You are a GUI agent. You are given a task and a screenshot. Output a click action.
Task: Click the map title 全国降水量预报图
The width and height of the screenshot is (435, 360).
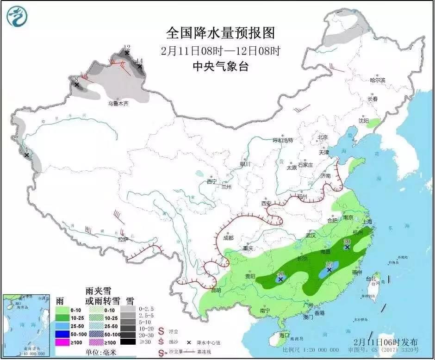click(x=220, y=33)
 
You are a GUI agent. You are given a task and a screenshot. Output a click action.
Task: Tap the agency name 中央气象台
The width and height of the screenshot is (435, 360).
click(x=220, y=67)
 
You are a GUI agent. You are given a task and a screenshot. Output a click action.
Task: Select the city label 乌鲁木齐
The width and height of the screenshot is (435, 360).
click(x=118, y=104)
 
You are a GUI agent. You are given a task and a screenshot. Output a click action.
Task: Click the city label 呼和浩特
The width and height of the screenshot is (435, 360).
click(x=283, y=140)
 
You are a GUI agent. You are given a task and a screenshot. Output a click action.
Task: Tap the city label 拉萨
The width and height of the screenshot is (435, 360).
click(x=123, y=239)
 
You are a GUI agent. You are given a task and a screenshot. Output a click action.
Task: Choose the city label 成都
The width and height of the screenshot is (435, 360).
click(x=228, y=238)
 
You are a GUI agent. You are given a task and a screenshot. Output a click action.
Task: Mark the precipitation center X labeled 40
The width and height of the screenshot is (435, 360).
click(x=280, y=279)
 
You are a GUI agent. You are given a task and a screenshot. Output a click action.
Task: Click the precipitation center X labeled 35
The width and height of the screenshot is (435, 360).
click(x=329, y=269)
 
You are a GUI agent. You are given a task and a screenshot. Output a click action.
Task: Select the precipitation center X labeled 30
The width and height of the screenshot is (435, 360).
click(x=347, y=247)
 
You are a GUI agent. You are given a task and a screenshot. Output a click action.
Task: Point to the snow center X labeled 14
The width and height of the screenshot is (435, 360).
click(x=138, y=66)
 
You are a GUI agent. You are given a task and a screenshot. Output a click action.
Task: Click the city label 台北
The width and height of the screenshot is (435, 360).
click(x=371, y=279)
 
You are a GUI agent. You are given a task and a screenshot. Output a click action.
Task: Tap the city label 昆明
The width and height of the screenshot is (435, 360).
click(x=216, y=290)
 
